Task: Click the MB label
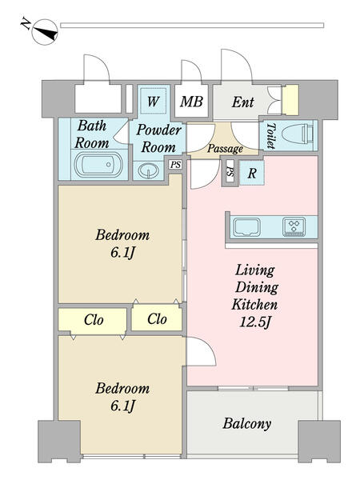[190, 102]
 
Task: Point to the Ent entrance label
[243, 102]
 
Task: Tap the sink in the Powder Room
[148, 170]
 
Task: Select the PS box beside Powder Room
[174, 165]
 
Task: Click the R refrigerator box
[252, 173]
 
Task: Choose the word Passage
[225, 149]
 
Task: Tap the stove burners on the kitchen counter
[294, 226]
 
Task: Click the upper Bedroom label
[122, 235]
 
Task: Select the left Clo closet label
[94, 320]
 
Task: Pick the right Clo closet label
[157, 319]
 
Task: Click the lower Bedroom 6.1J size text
[122, 406]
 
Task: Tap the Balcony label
[247, 424]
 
